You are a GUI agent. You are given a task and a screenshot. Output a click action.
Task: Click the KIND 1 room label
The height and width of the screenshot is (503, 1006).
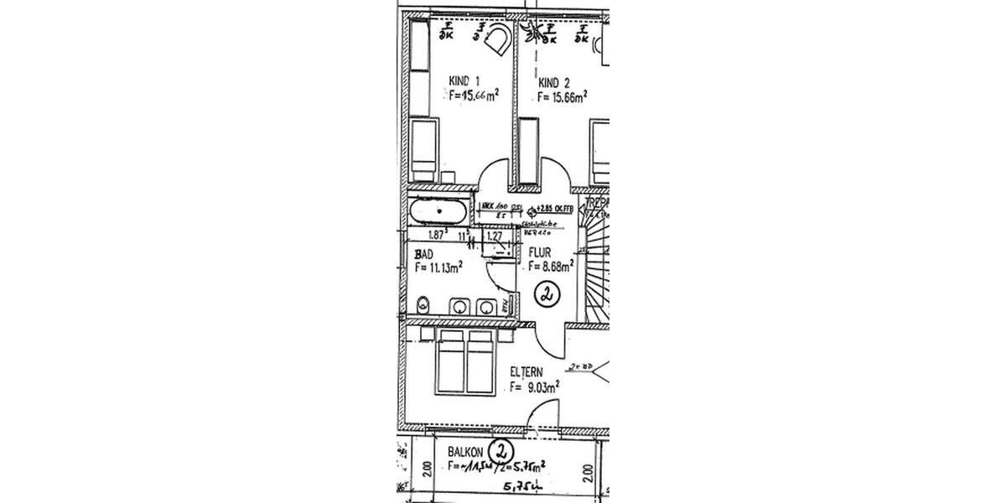pos(464,81)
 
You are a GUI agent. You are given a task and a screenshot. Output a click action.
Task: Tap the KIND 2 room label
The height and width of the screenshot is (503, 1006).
pos(554,82)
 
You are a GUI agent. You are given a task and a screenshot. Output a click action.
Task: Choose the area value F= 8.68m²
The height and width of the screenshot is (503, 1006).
pos(550,267)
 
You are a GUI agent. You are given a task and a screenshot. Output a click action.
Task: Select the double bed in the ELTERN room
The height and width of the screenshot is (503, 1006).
pos(465,361)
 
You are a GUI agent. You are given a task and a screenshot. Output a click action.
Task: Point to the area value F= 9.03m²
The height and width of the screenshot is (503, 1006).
pos(534,387)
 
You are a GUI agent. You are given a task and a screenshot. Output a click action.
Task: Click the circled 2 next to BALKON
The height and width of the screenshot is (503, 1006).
pos(501,450)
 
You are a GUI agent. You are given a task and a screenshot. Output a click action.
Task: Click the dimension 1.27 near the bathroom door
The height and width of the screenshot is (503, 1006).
pos(495,237)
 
